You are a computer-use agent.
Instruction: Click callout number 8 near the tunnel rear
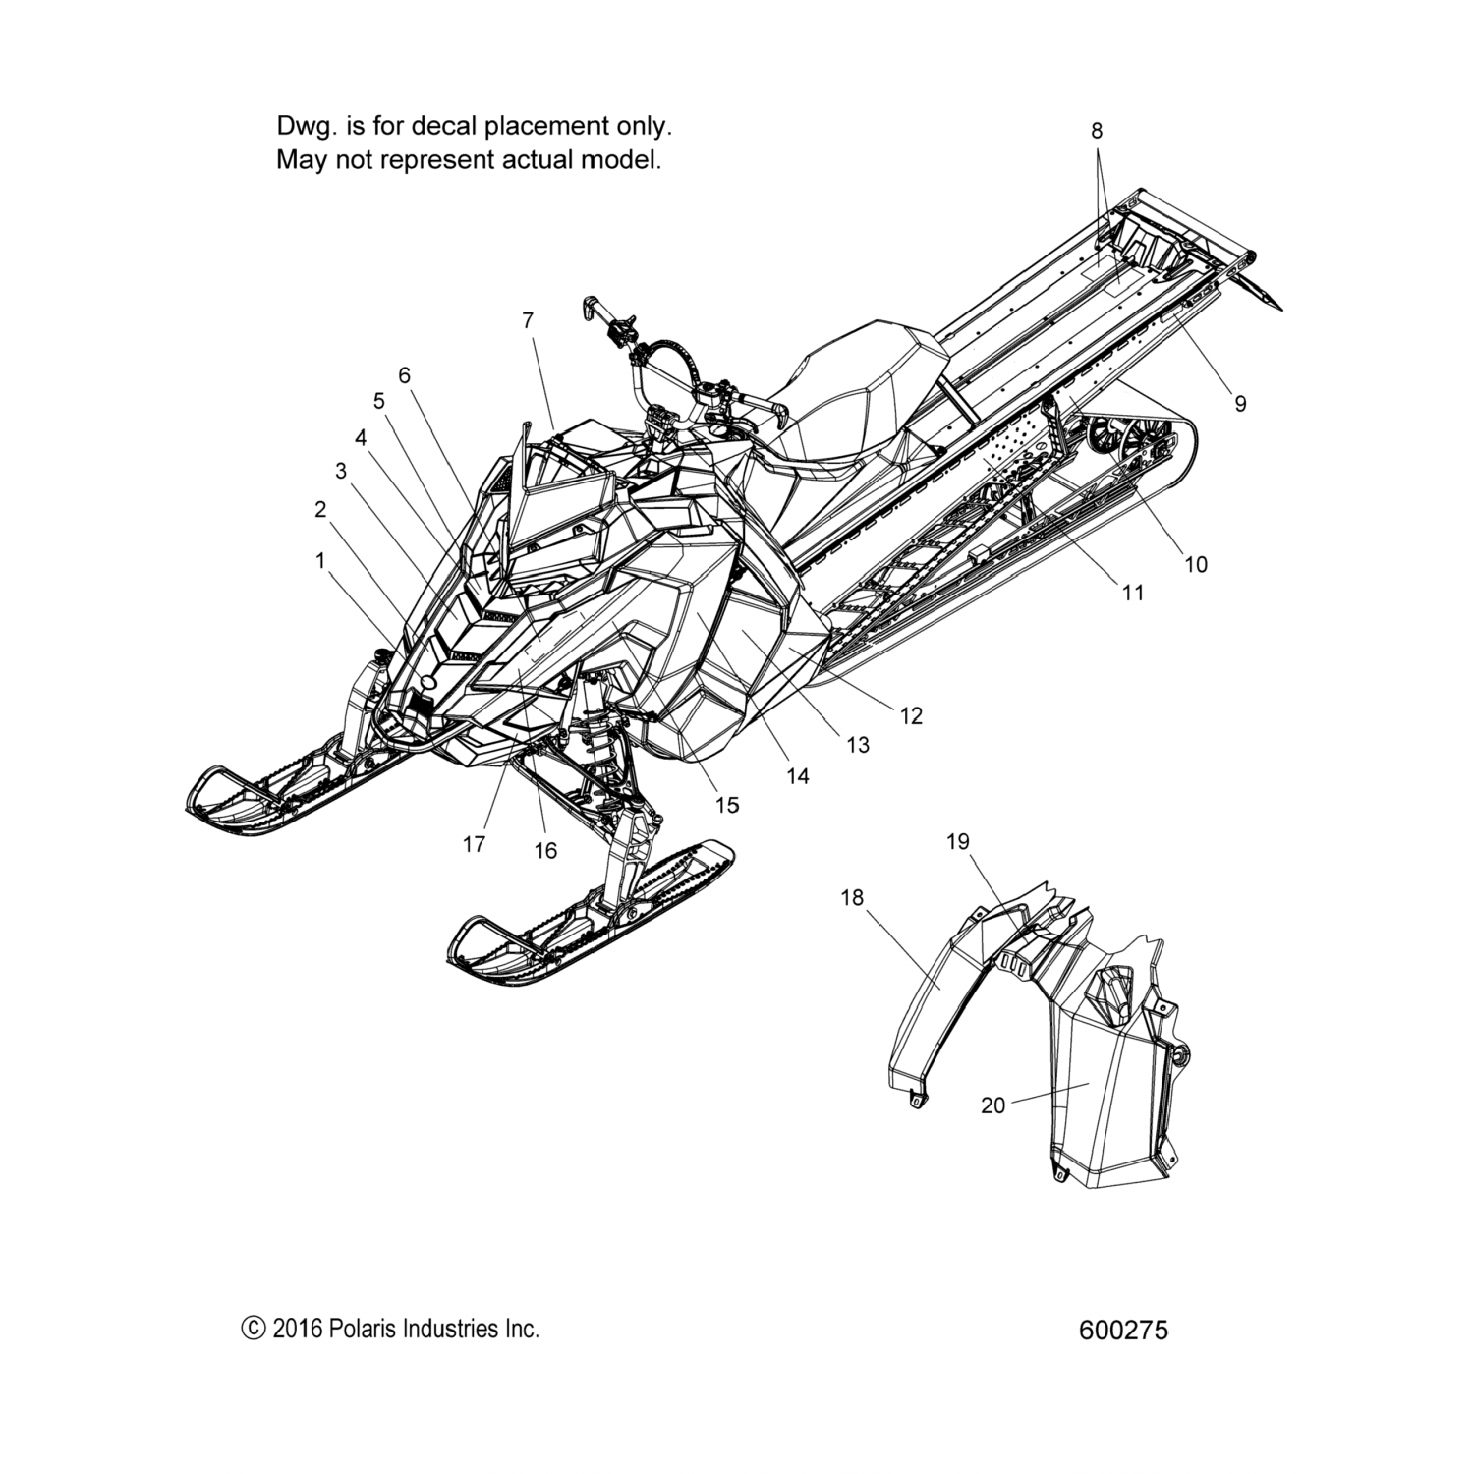point(1097,130)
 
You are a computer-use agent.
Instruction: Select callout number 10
point(1196,564)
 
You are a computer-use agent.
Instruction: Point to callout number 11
point(1133,593)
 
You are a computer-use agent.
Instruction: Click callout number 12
point(911,715)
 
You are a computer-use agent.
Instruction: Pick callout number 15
point(726,805)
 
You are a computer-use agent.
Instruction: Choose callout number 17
point(474,843)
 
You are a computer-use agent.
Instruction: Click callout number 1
point(319,559)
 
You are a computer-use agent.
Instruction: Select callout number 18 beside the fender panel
point(852,896)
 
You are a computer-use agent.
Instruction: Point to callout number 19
point(957,841)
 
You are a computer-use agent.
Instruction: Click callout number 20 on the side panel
point(992,1105)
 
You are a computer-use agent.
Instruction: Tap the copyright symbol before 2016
point(253,1330)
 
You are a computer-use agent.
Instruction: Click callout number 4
point(361,438)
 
